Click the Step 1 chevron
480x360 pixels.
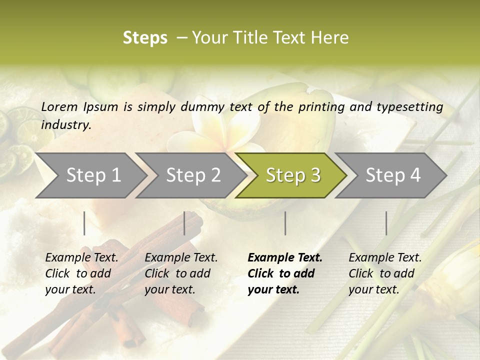(90, 175)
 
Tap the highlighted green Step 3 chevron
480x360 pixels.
(292, 175)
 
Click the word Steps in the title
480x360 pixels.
(145, 38)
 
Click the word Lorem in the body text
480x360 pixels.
(59, 106)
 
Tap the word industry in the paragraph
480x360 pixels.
(65, 124)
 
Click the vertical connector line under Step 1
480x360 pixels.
(84, 223)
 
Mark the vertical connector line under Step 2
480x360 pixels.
(184, 223)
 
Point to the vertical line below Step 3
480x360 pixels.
(285, 223)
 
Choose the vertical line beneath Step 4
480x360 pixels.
(386, 223)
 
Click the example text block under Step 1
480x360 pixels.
(81, 273)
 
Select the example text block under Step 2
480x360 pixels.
(181, 273)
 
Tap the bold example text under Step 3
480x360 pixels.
(284, 273)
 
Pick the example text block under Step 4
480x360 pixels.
(385, 273)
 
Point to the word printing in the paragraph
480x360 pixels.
(318, 107)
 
